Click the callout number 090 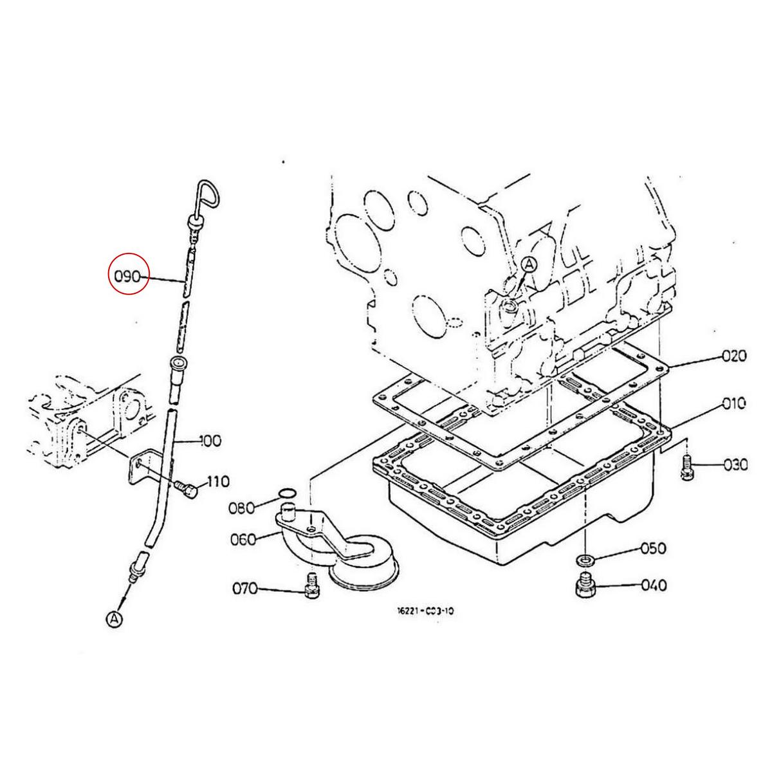(128, 277)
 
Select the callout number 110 (218, 481)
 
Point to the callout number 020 (734, 356)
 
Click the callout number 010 (734, 403)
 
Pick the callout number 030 (736, 464)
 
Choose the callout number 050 (653, 548)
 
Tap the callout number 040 (654, 585)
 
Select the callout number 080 (242, 508)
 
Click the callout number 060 (243, 540)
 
